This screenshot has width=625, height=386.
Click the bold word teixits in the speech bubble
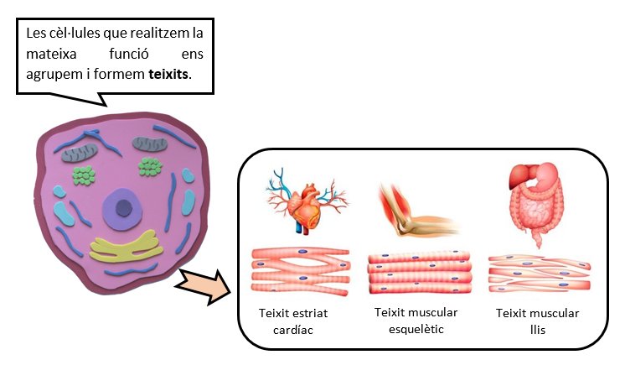[x=167, y=74]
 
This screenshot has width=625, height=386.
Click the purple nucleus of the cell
[x=124, y=207]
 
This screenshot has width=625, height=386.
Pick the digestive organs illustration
[x=535, y=201]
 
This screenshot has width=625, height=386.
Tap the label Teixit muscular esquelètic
[x=416, y=321]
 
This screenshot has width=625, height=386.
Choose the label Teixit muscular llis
[x=537, y=321]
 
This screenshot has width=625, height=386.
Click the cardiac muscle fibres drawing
[x=300, y=270]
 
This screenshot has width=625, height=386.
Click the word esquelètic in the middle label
[x=416, y=329]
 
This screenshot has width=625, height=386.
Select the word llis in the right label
[x=537, y=329]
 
